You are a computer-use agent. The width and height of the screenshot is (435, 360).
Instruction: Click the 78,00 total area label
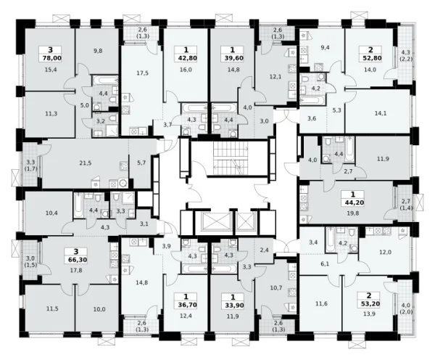click(x=50, y=58)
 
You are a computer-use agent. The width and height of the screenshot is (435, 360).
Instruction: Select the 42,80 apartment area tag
click(x=186, y=58)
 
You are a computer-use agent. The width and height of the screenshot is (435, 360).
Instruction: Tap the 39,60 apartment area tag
click(x=233, y=58)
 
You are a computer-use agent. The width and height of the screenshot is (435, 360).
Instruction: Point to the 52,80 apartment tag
click(x=370, y=58)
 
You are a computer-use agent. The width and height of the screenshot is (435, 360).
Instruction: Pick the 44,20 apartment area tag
click(x=353, y=202)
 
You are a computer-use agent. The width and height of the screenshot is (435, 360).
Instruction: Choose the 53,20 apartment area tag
click(x=369, y=303)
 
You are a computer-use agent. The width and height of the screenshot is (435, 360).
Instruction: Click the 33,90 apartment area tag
click(x=233, y=306)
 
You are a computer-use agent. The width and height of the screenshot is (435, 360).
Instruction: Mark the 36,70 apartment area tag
click(x=186, y=306)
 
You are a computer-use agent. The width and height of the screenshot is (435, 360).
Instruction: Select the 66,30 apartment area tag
click(x=76, y=260)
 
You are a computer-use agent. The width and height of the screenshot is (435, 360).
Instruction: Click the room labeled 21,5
click(x=85, y=163)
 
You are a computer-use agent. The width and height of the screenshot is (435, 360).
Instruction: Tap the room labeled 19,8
click(x=353, y=213)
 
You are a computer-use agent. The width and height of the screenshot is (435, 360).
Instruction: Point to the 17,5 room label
click(x=143, y=73)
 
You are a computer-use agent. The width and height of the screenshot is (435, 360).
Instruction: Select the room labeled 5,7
click(x=141, y=163)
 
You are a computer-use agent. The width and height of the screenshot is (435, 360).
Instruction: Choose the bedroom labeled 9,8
click(x=98, y=51)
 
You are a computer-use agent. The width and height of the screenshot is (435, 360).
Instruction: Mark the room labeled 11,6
click(x=321, y=303)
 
